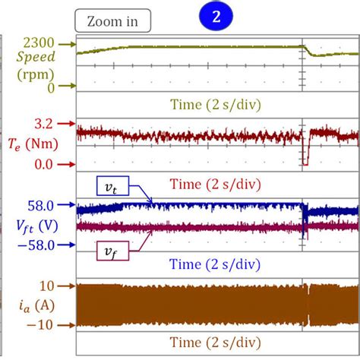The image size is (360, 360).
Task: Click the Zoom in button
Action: [x=113, y=21]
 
